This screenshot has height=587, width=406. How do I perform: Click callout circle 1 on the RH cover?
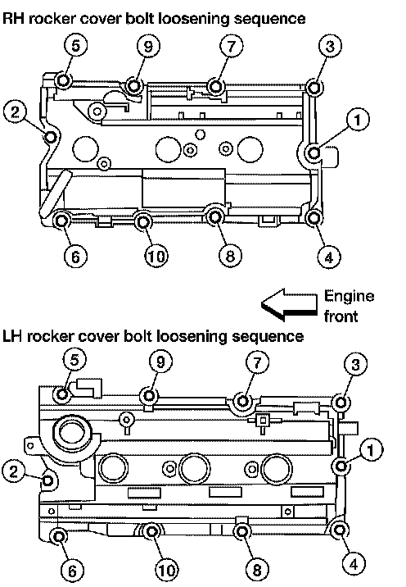click(x=358, y=120)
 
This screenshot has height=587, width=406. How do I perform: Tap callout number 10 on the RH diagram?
click(x=156, y=256)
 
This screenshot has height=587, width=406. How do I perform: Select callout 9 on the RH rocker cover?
click(x=148, y=47)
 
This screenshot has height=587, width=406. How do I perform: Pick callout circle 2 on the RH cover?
click(x=15, y=112)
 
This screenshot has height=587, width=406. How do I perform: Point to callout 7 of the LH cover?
click(x=258, y=362)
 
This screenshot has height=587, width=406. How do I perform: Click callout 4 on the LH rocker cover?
click(x=354, y=563)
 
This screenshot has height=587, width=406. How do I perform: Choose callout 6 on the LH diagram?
click(x=73, y=571)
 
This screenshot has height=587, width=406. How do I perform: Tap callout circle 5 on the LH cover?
click(x=74, y=360)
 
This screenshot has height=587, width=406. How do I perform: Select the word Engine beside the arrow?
click(x=349, y=297)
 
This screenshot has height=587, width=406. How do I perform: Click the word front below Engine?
click(x=341, y=316)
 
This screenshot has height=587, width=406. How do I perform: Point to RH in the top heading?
click(x=13, y=17)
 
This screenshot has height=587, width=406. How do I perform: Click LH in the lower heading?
click(x=13, y=336)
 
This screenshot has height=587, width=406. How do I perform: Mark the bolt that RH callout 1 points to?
click(x=314, y=152)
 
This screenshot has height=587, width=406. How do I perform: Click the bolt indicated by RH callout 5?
click(x=62, y=80)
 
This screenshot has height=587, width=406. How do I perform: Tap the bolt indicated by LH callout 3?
click(x=341, y=403)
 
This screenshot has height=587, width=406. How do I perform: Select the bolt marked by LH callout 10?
click(x=151, y=531)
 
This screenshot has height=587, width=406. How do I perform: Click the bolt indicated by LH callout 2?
click(x=47, y=480)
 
